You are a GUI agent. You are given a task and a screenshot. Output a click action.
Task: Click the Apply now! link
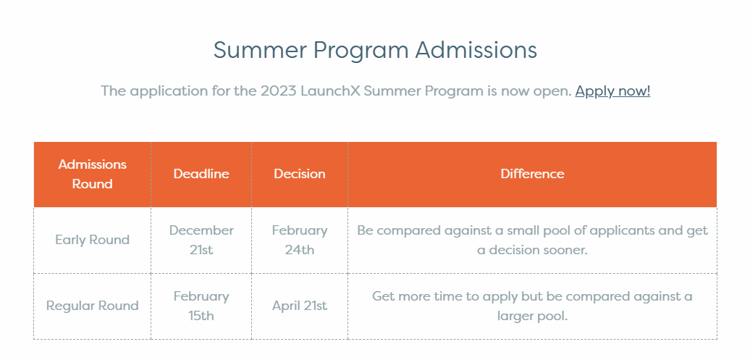click(x=612, y=91)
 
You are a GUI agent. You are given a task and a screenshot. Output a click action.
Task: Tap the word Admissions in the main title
click(x=476, y=50)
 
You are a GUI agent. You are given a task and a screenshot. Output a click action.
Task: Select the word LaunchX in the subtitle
click(x=330, y=91)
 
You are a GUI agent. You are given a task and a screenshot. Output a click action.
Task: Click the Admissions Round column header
click(x=93, y=174)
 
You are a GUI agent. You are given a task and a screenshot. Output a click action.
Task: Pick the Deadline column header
click(x=201, y=173)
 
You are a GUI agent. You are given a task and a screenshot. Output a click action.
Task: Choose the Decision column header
click(x=300, y=173)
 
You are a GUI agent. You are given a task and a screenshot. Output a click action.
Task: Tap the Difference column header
click(x=532, y=173)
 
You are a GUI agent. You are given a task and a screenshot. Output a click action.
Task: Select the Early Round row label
click(x=93, y=239)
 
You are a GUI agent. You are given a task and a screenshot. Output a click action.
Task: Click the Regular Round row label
click(x=93, y=306)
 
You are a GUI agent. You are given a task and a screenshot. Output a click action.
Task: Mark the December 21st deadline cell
click(x=201, y=240)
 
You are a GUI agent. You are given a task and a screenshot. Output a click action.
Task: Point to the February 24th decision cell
click(x=300, y=240)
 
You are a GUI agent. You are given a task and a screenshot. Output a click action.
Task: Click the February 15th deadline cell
click(x=201, y=306)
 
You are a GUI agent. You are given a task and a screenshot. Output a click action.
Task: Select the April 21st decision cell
click(x=300, y=306)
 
